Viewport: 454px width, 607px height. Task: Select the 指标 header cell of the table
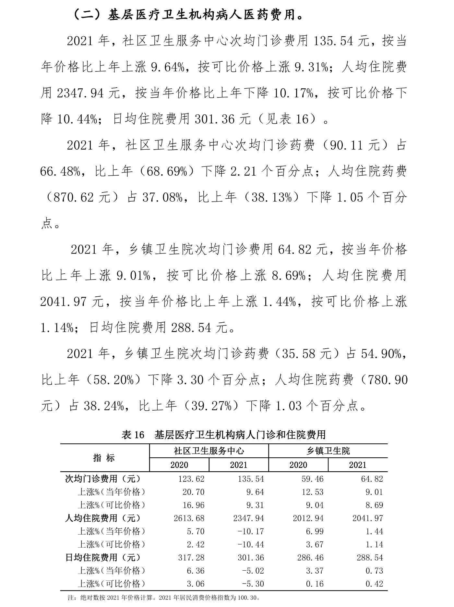point(104,458)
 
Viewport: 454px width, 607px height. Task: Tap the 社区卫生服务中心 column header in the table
point(209,451)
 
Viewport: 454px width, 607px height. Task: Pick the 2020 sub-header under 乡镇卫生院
point(298,465)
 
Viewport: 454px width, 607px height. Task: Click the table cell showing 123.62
point(191,479)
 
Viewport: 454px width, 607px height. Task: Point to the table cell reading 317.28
point(191,558)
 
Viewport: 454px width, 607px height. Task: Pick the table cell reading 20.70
point(194,492)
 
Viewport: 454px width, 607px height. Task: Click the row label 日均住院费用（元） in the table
point(103,558)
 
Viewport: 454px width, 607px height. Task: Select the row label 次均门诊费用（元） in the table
point(103,479)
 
